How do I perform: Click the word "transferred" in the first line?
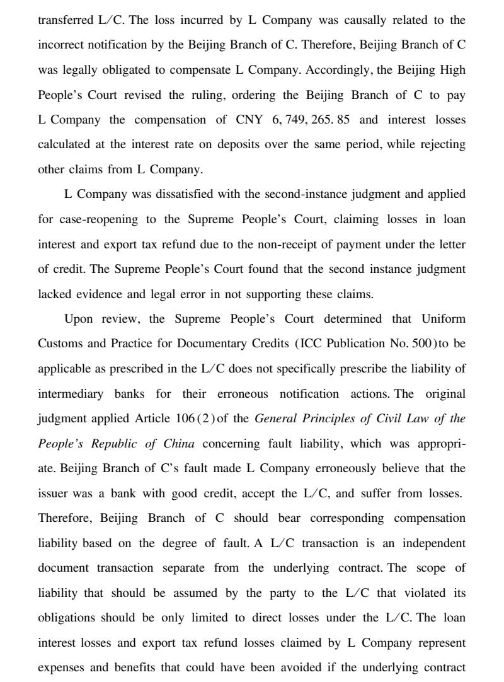point(65,20)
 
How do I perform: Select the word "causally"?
point(373,20)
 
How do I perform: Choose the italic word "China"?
point(178,443)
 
